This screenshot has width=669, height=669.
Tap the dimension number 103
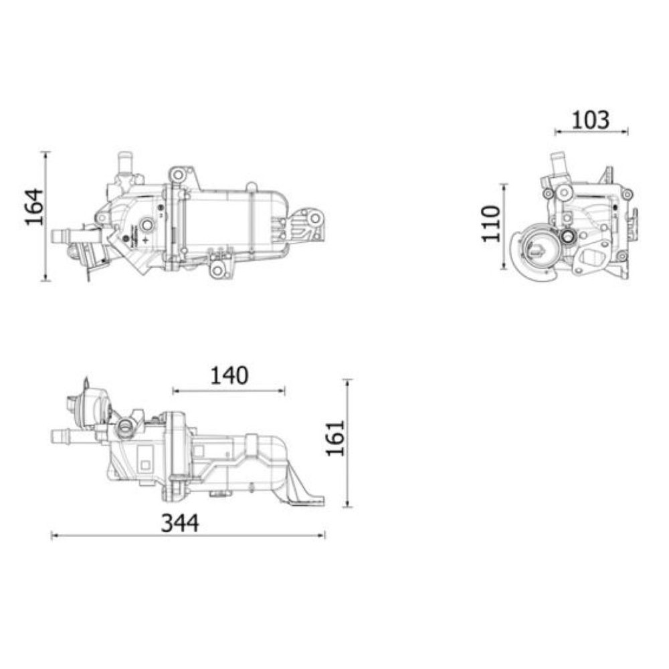click(x=591, y=120)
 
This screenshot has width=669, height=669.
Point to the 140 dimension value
click(x=229, y=376)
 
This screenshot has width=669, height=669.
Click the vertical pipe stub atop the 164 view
click(x=123, y=163)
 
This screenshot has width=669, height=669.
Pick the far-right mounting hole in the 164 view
click(x=314, y=217)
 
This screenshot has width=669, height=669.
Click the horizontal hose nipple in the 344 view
click(x=64, y=437)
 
